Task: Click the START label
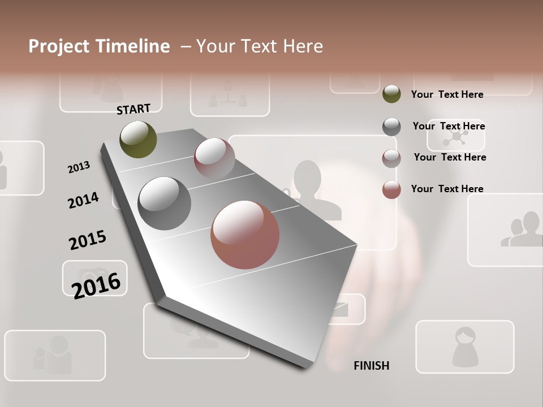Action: coord(133,109)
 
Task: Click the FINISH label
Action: coord(371,366)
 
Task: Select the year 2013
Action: coord(79,167)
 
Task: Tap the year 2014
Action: coord(83,201)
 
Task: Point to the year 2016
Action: coord(96,285)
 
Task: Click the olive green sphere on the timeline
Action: coord(138,139)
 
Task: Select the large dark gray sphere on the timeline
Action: coord(164,203)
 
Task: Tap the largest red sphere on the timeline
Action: coord(245,235)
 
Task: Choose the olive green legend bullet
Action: coord(391,94)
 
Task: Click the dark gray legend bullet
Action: coord(391,127)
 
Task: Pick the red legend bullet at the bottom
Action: coord(391,189)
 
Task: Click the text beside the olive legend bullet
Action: coord(447,95)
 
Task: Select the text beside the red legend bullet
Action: coord(447,189)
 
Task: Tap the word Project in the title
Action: coord(59,46)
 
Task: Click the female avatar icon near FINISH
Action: coord(465,346)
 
